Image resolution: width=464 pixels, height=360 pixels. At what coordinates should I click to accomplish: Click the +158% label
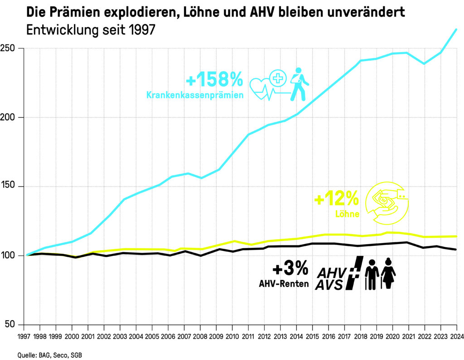click(214, 80)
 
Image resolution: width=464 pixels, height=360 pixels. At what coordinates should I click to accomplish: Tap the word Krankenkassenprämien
click(195, 95)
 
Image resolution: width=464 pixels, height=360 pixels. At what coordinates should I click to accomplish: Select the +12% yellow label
click(336, 198)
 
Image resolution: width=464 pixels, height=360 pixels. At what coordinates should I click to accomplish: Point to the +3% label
click(290, 269)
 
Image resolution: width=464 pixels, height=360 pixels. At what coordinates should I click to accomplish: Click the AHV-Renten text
click(284, 284)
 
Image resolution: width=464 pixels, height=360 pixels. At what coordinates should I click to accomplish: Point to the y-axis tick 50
click(14, 325)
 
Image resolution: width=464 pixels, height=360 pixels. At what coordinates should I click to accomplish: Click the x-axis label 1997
click(24, 337)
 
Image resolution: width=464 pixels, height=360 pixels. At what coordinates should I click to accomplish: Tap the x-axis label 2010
click(232, 337)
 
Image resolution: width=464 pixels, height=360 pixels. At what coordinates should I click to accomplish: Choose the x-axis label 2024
click(456, 337)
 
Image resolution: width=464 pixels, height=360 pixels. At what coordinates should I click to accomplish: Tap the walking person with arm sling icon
click(298, 84)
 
